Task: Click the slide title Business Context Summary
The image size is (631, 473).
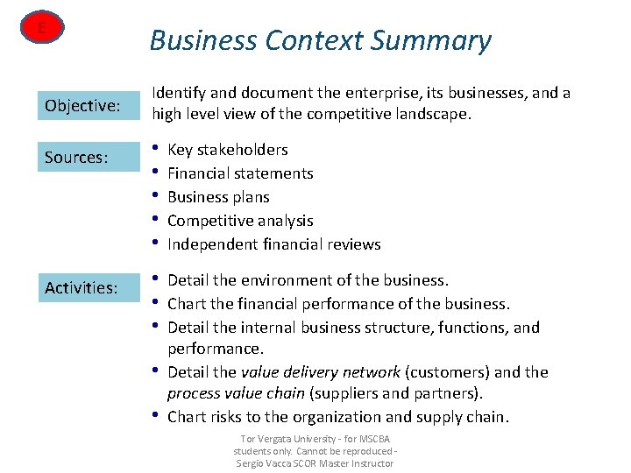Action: click(x=320, y=41)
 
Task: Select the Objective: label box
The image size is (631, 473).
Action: click(x=83, y=106)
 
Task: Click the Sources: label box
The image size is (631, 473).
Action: click(x=83, y=158)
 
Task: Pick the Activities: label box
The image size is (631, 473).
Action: click(x=83, y=287)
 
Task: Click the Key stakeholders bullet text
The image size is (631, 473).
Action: click(x=227, y=150)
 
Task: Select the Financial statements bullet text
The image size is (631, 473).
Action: click(x=240, y=173)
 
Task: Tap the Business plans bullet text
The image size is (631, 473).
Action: click(x=218, y=197)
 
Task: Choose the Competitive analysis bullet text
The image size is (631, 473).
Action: click(x=240, y=221)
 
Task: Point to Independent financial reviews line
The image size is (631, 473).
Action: click(x=273, y=244)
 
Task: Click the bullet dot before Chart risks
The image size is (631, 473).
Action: click(x=155, y=415)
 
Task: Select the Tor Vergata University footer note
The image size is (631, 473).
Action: click(x=315, y=438)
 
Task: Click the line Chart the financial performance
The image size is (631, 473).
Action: click(x=337, y=304)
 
